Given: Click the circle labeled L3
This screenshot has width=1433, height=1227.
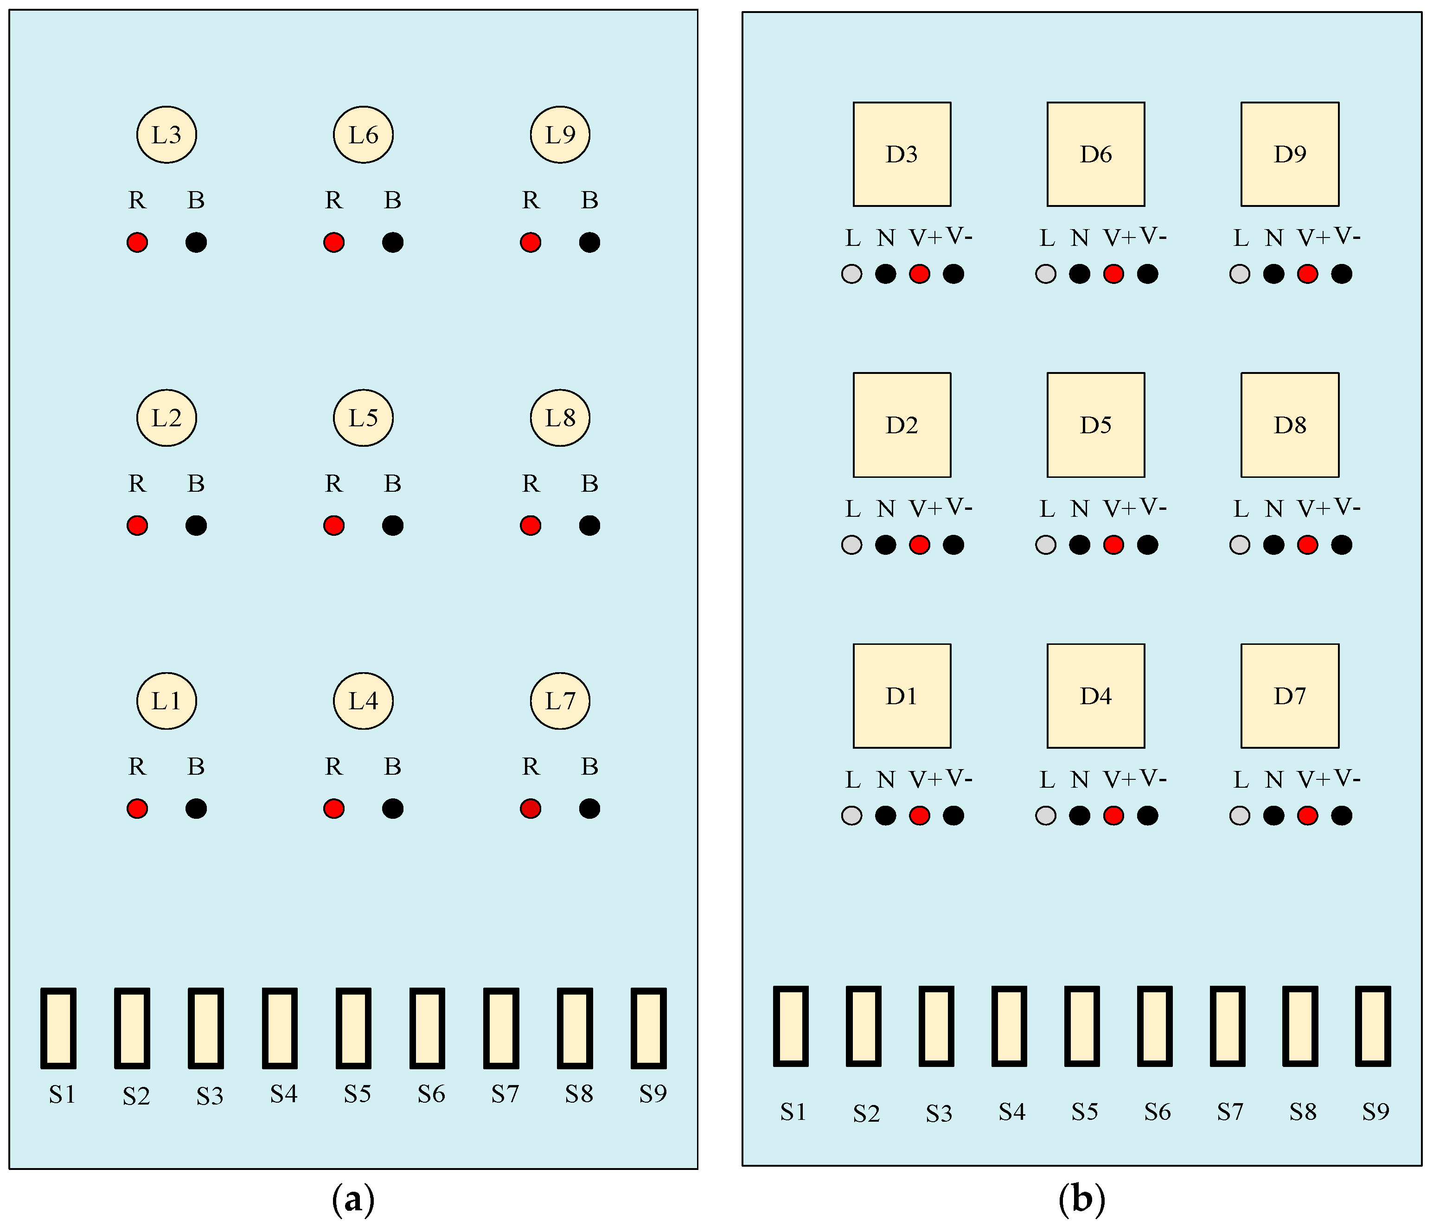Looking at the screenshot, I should click(x=166, y=135).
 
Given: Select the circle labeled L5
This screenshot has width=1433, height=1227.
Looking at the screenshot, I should click(x=363, y=418).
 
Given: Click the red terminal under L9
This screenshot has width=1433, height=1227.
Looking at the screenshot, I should click(x=531, y=242).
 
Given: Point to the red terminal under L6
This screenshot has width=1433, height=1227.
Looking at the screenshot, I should click(x=333, y=242).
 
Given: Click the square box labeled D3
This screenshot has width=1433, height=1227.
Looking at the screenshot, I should click(x=902, y=154).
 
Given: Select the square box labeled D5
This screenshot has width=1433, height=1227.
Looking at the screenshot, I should click(x=1095, y=424).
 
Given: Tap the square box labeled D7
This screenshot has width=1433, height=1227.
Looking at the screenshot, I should click(x=1290, y=696).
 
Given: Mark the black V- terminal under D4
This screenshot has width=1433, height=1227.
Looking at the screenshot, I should click(x=1147, y=816).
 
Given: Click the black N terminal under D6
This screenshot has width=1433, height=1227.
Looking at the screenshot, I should click(x=1080, y=274).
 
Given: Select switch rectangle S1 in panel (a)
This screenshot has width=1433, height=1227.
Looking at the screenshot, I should click(x=59, y=1028).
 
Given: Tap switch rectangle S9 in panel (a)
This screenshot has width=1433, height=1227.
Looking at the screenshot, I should click(x=649, y=1028).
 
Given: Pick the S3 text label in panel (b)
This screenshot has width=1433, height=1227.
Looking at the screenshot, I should click(x=939, y=1113).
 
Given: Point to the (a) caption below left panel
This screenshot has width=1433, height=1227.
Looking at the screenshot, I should click(x=353, y=1199).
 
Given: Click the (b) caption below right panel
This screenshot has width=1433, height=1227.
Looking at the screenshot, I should click(x=1081, y=1199).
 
